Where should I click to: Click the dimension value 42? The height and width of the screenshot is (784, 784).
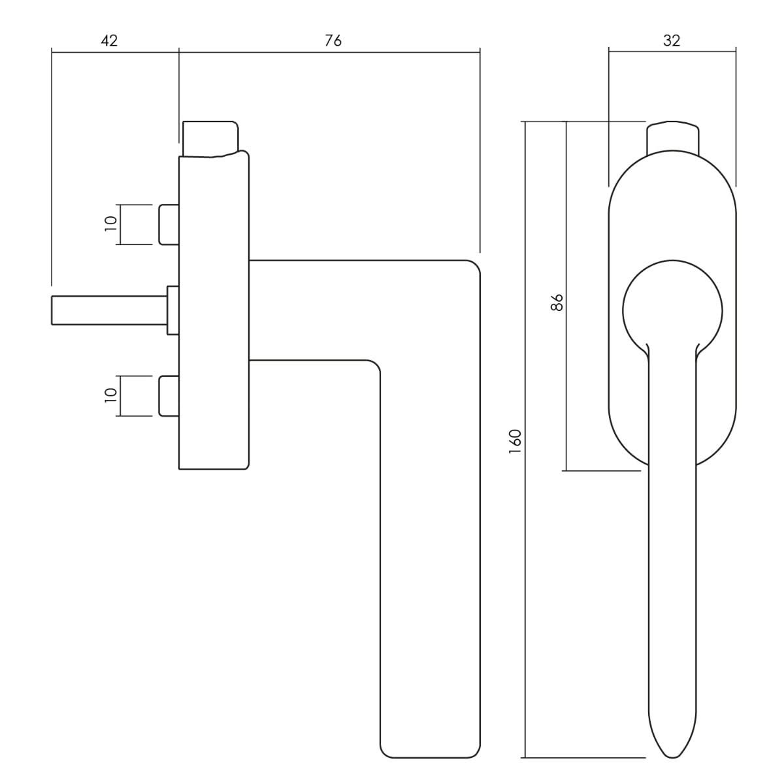pyautogui.click(x=109, y=41)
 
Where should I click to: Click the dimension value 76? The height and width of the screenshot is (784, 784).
pyautogui.click(x=333, y=41)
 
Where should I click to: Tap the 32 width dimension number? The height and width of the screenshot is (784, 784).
pyautogui.click(x=671, y=41)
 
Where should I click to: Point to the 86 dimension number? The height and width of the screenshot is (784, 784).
pyautogui.click(x=557, y=302)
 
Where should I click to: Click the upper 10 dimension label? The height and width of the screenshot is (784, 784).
pyautogui.click(x=110, y=221)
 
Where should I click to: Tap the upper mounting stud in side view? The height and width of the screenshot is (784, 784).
pyautogui.click(x=169, y=225)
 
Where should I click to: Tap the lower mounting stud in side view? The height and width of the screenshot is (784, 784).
pyautogui.click(x=169, y=396)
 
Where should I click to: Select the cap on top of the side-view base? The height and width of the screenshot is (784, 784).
pyautogui.click(x=209, y=138)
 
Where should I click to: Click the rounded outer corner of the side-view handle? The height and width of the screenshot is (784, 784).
pyautogui.click(x=472, y=269)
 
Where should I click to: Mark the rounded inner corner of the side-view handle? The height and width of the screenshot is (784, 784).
pyautogui.click(x=372, y=367)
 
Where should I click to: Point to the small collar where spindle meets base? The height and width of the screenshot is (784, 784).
pyautogui.click(x=173, y=310)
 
